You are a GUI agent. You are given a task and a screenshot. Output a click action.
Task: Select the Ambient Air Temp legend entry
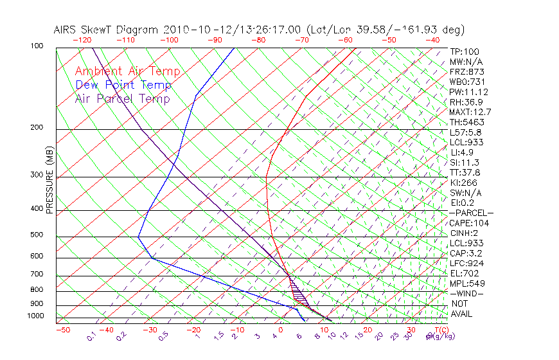[x=127, y=71]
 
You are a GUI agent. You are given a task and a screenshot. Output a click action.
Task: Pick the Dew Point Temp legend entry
[x=123, y=85]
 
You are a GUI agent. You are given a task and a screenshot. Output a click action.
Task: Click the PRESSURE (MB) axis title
[x=49, y=180]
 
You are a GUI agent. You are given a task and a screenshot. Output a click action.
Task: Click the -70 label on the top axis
[x=301, y=40]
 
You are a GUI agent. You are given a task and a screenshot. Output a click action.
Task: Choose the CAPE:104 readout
[x=469, y=223]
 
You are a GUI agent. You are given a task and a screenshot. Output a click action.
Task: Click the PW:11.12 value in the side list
[x=469, y=92]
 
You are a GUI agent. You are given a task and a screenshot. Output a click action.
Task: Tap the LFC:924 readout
[x=467, y=263]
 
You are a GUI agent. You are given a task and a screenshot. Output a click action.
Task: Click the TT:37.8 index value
[x=466, y=172]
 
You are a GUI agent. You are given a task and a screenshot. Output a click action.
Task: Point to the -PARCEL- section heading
[x=471, y=213]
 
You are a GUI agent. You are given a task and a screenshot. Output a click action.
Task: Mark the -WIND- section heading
[x=466, y=293]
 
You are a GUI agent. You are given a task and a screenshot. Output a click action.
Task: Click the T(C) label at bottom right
[x=439, y=330]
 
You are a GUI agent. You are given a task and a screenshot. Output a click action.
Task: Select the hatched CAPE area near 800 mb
[x=297, y=293]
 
